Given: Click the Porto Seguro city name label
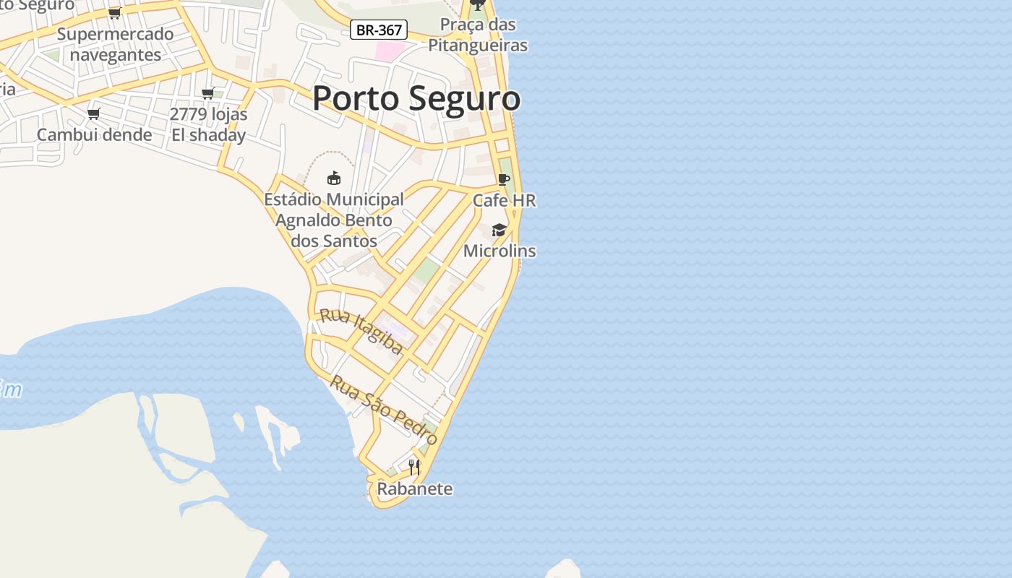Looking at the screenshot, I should (x=416, y=98).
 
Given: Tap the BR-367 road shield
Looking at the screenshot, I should (x=379, y=30).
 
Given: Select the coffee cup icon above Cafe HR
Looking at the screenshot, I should (x=504, y=179).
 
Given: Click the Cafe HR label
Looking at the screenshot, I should (x=505, y=200).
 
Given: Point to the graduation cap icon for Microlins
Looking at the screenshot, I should (x=499, y=230).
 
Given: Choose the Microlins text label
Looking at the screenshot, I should (x=499, y=251).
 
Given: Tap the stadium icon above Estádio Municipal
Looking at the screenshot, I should (x=334, y=178).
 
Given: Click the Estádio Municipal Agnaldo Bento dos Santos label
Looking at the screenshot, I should (x=334, y=220).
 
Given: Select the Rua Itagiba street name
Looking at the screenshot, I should (x=361, y=331).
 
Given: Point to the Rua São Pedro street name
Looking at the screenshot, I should (x=384, y=410).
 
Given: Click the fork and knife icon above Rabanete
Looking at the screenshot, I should (x=414, y=467).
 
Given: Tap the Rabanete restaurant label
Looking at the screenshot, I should (x=415, y=489).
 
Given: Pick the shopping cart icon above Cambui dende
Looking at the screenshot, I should (x=94, y=113).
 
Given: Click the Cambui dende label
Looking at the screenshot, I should (x=95, y=134).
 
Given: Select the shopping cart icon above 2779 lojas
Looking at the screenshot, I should (x=208, y=93).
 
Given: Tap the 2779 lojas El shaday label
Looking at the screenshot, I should (x=208, y=124).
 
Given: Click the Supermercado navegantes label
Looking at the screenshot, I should (x=116, y=44).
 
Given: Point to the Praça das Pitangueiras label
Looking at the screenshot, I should (x=478, y=35).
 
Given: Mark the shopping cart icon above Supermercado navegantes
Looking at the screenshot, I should (x=115, y=13).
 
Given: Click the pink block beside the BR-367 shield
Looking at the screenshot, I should (x=390, y=51).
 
